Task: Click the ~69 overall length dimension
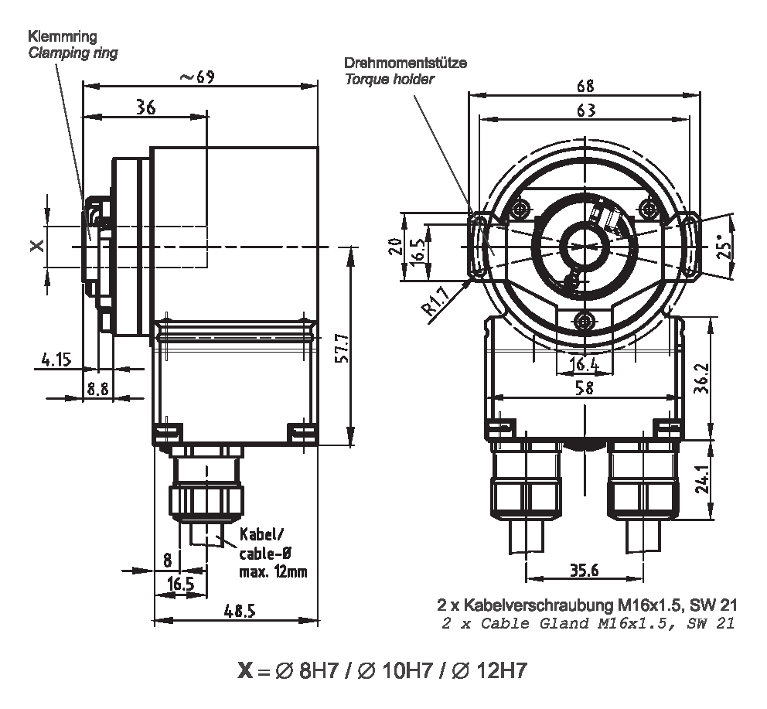click(x=196, y=77)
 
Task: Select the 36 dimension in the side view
click(x=145, y=107)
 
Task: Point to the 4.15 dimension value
click(x=56, y=359)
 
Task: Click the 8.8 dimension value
click(x=97, y=388)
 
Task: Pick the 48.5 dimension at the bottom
click(x=239, y=611)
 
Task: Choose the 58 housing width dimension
click(x=585, y=388)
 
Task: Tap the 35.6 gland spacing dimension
click(x=585, y=571)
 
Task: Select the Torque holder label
click(x=389, y=79)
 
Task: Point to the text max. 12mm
click(x=273, y=571)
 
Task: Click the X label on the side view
click(x=35, y=246)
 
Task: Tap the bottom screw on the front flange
click(x=585, y=319)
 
